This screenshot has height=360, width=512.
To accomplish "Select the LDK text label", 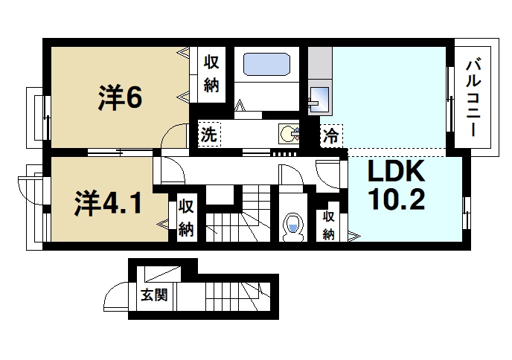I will click(395, 173).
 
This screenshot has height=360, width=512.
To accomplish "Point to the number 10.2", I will click(395, 200).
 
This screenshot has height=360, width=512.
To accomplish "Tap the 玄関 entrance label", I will click(153, 295).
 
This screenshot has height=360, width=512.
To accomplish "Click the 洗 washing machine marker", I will click(209, 135).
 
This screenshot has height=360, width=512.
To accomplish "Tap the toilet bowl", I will click(293, 225).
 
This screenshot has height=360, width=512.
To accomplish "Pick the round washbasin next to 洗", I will click(289, 134).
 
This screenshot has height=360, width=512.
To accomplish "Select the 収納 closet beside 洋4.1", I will click(186, 216).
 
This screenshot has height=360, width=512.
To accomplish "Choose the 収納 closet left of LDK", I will click(328, 225).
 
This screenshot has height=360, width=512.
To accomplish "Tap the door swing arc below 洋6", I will click(176, 137).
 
